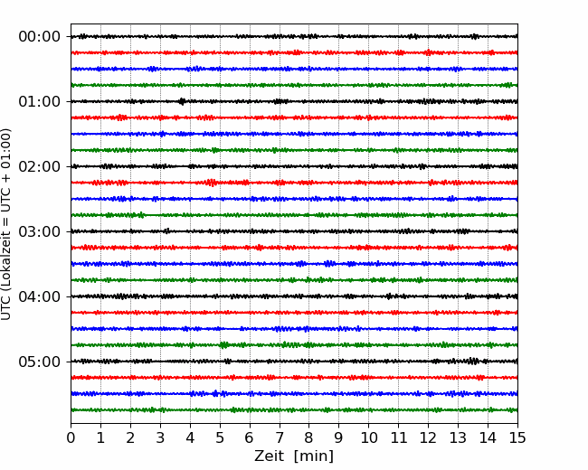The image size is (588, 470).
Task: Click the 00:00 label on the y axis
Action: tap(40, 37)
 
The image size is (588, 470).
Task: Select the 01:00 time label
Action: tap(40, 101)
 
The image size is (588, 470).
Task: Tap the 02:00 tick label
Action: tap(40, 166)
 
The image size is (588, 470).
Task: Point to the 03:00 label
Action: tap(40, 231)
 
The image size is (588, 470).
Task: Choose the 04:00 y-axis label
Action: tap(40, 296)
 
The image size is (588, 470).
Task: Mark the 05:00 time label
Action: tap(40, 362)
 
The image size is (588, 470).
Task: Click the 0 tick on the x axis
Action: tap(71, 437)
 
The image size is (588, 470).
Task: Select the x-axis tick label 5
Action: tap(220, 437)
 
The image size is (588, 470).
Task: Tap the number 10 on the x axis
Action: tap(368, 437)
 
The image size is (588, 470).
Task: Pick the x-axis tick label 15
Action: tap(517, 437)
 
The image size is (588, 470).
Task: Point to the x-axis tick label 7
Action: tap(280, 437)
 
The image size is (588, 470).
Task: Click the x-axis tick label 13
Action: tap(458, 437)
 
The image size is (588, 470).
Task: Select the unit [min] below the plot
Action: tap(314, 456)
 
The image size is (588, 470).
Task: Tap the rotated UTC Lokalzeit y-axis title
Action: tap(6, 224)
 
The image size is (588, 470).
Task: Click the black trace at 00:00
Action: tap(294, 36)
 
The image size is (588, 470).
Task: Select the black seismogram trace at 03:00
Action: tap(294, 231)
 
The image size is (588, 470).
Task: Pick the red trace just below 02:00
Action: tap(294, 183)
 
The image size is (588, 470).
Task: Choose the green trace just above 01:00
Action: tap(294, 85)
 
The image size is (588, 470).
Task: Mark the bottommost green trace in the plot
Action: tap(294, 410)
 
